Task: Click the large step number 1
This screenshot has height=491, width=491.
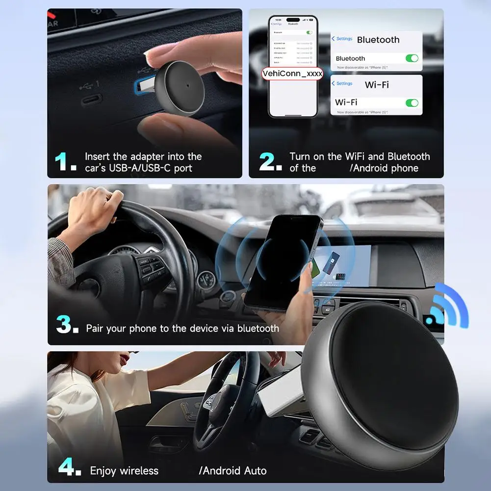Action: point(64,162)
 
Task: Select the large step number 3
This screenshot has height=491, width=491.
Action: point(66,325)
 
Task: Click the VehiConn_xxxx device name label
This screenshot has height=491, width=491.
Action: point(292,74)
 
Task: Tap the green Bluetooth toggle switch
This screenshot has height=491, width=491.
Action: point(412,58)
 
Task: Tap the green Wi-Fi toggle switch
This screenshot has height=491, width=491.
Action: point(412,103)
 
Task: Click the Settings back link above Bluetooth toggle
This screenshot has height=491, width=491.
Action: point(342,39)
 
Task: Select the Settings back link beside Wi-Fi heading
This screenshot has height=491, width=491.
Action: point(342,83)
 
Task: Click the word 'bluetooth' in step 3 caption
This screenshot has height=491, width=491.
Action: point(258,328)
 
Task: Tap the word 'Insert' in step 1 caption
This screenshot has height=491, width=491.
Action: point(98,156)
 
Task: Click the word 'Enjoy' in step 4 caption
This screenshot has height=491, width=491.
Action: point(103,471)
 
